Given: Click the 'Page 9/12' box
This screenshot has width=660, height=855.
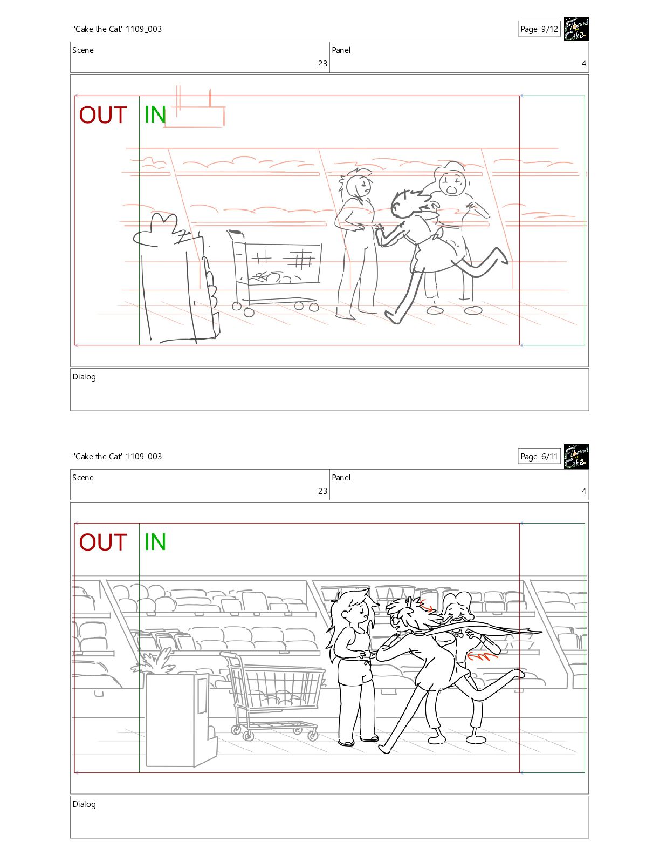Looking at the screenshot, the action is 539,29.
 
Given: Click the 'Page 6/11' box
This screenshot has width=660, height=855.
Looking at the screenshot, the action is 539,457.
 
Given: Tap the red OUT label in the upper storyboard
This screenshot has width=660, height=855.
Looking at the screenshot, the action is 103,115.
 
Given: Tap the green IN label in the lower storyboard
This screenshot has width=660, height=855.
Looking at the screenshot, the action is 155,542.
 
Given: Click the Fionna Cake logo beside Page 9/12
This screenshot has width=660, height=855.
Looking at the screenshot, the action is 576,29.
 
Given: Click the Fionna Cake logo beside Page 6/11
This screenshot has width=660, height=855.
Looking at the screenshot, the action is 576,457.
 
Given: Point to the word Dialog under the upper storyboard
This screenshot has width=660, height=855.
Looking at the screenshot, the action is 84,377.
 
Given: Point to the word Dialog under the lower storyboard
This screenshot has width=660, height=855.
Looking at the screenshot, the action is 84,804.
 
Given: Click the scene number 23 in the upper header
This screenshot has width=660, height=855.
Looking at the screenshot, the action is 323,64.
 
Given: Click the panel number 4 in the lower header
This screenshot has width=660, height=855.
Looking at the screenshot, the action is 584,491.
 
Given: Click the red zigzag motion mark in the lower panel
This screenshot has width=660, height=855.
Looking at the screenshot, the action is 483,656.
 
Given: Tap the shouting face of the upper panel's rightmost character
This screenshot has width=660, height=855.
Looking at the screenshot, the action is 452,184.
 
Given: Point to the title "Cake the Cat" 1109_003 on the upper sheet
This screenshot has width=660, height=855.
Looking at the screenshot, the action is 117,29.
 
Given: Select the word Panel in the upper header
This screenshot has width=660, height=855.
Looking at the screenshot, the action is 341,50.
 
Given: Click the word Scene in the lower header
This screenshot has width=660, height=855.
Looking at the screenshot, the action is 83,478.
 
